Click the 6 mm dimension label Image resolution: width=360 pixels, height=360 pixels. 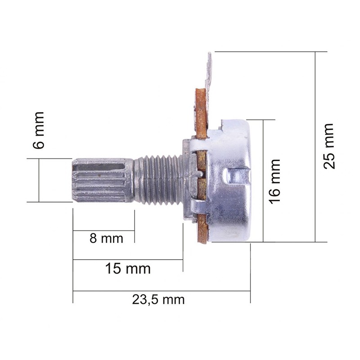tap(39, 130)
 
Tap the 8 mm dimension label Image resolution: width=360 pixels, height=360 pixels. tap(106, 238)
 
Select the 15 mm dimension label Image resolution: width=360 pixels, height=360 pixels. tap(128, 268)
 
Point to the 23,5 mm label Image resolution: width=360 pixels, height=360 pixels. tap(158, 300)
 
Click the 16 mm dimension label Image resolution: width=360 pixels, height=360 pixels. tap(275, 181)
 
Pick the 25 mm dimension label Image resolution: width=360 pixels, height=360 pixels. tap(328, 146)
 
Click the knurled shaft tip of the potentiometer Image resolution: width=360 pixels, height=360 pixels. tap(103, 180)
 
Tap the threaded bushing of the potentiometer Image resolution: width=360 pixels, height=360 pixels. tap(158, 180)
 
